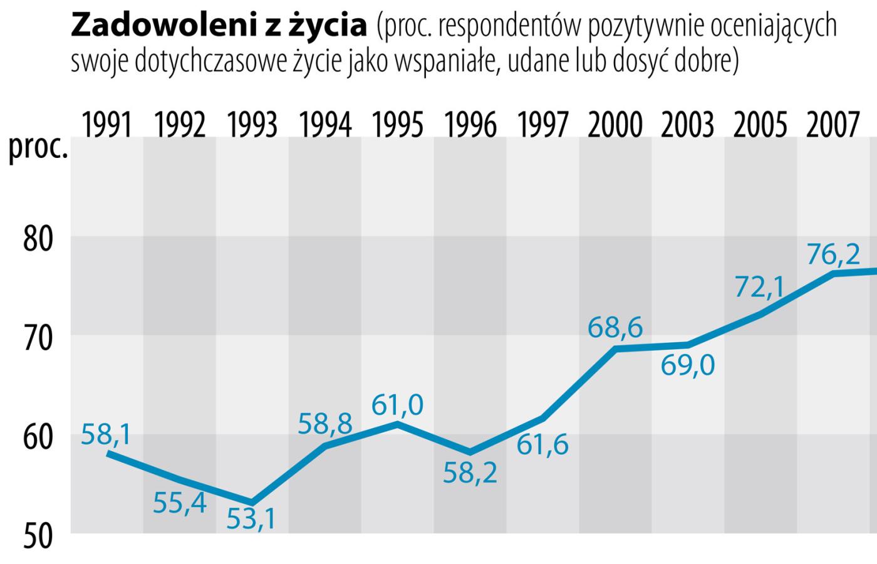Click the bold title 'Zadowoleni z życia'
(219, 26)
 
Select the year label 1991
(107, 125)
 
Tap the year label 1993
(252, 125)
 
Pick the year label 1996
(470, 125)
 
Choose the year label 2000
(615, 125)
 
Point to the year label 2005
(760, 125)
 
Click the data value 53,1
(252, 519)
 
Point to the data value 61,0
(397, 405)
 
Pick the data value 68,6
(615, 328)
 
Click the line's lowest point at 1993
(252, 502)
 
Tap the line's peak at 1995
(397, 424)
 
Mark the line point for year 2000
(615, 348)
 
